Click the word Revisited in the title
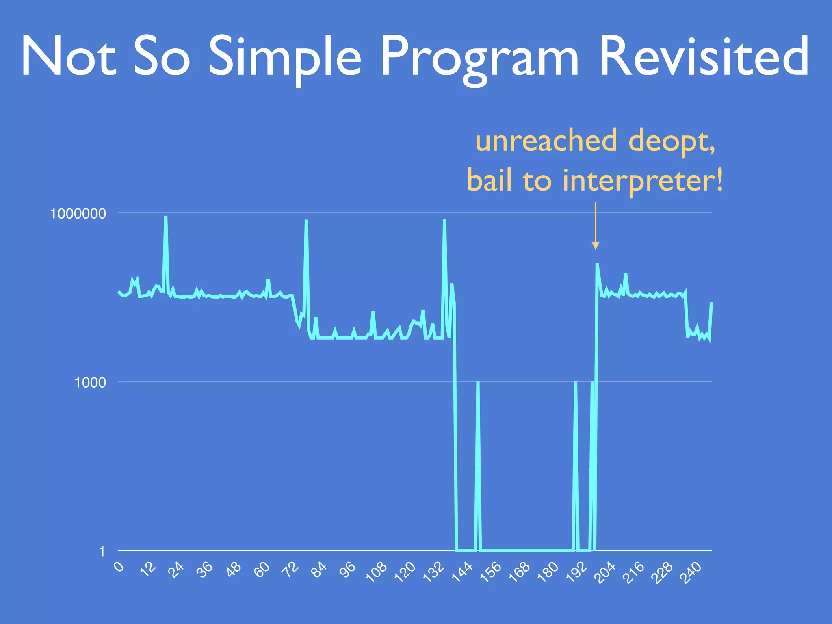point(704,56)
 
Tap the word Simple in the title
point(285,57)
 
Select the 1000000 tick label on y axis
point(78,213)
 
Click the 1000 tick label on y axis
point(90,382)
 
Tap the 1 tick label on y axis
point(102,551)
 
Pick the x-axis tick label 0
point(119,566)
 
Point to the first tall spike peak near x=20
point(165,217)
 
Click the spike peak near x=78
point(306,221)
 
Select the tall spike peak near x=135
point(444,220)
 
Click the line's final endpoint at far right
point(711,303)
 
